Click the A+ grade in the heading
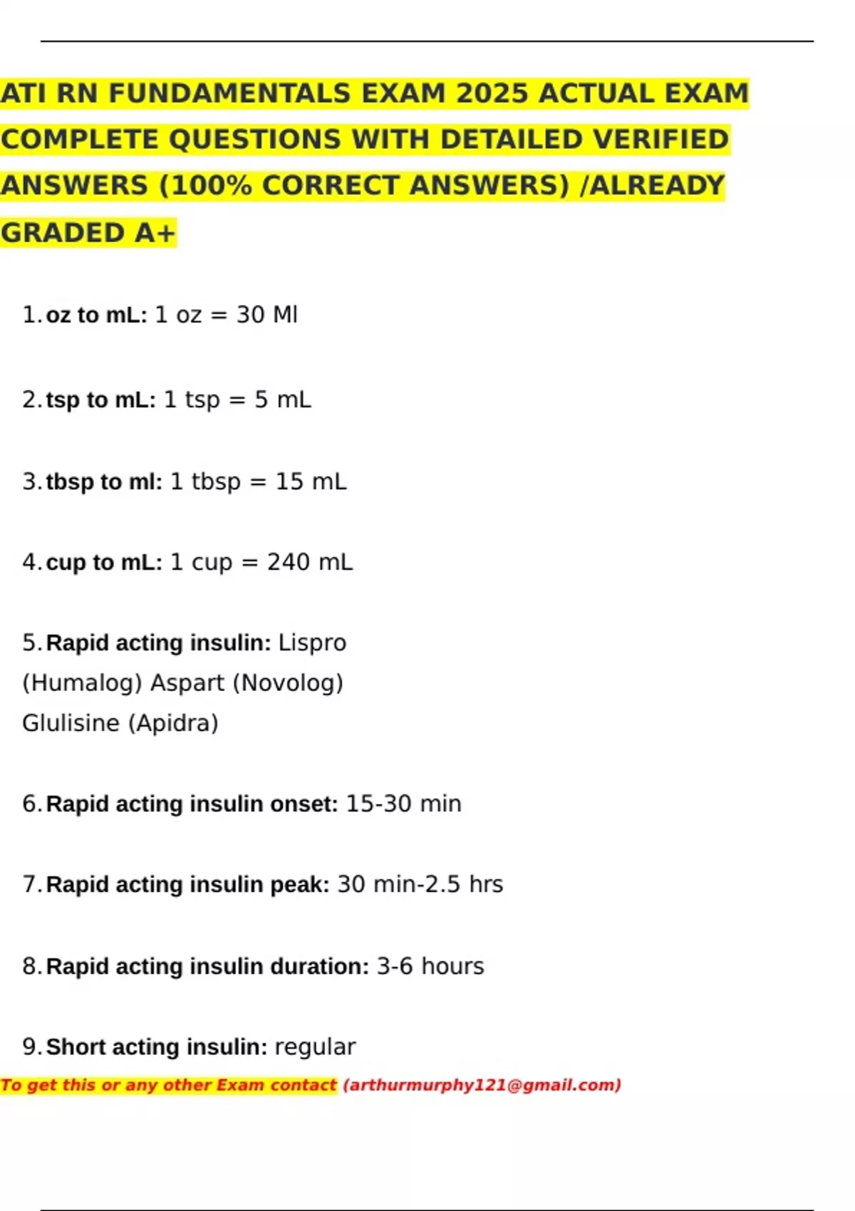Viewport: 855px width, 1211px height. tap(155, 233)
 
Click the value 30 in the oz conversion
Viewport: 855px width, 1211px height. tap(250, 315)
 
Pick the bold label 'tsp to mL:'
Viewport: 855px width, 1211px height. tap(100, 400)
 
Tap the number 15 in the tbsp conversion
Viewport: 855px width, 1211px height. tap(289, 482)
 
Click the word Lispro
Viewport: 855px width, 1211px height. tap(312, 643)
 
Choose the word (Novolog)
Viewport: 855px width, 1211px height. tap(288, 683)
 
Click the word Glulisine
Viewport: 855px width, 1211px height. tap(71, 723)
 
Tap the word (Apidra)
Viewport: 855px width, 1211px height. tap(173, 723)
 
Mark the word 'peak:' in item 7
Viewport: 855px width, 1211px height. tap(299, 885)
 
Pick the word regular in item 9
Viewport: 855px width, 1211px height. tap(315, 1047)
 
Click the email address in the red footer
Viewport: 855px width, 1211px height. tap(482, 1085)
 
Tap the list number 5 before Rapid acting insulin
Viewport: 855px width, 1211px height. tap(30, 643)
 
